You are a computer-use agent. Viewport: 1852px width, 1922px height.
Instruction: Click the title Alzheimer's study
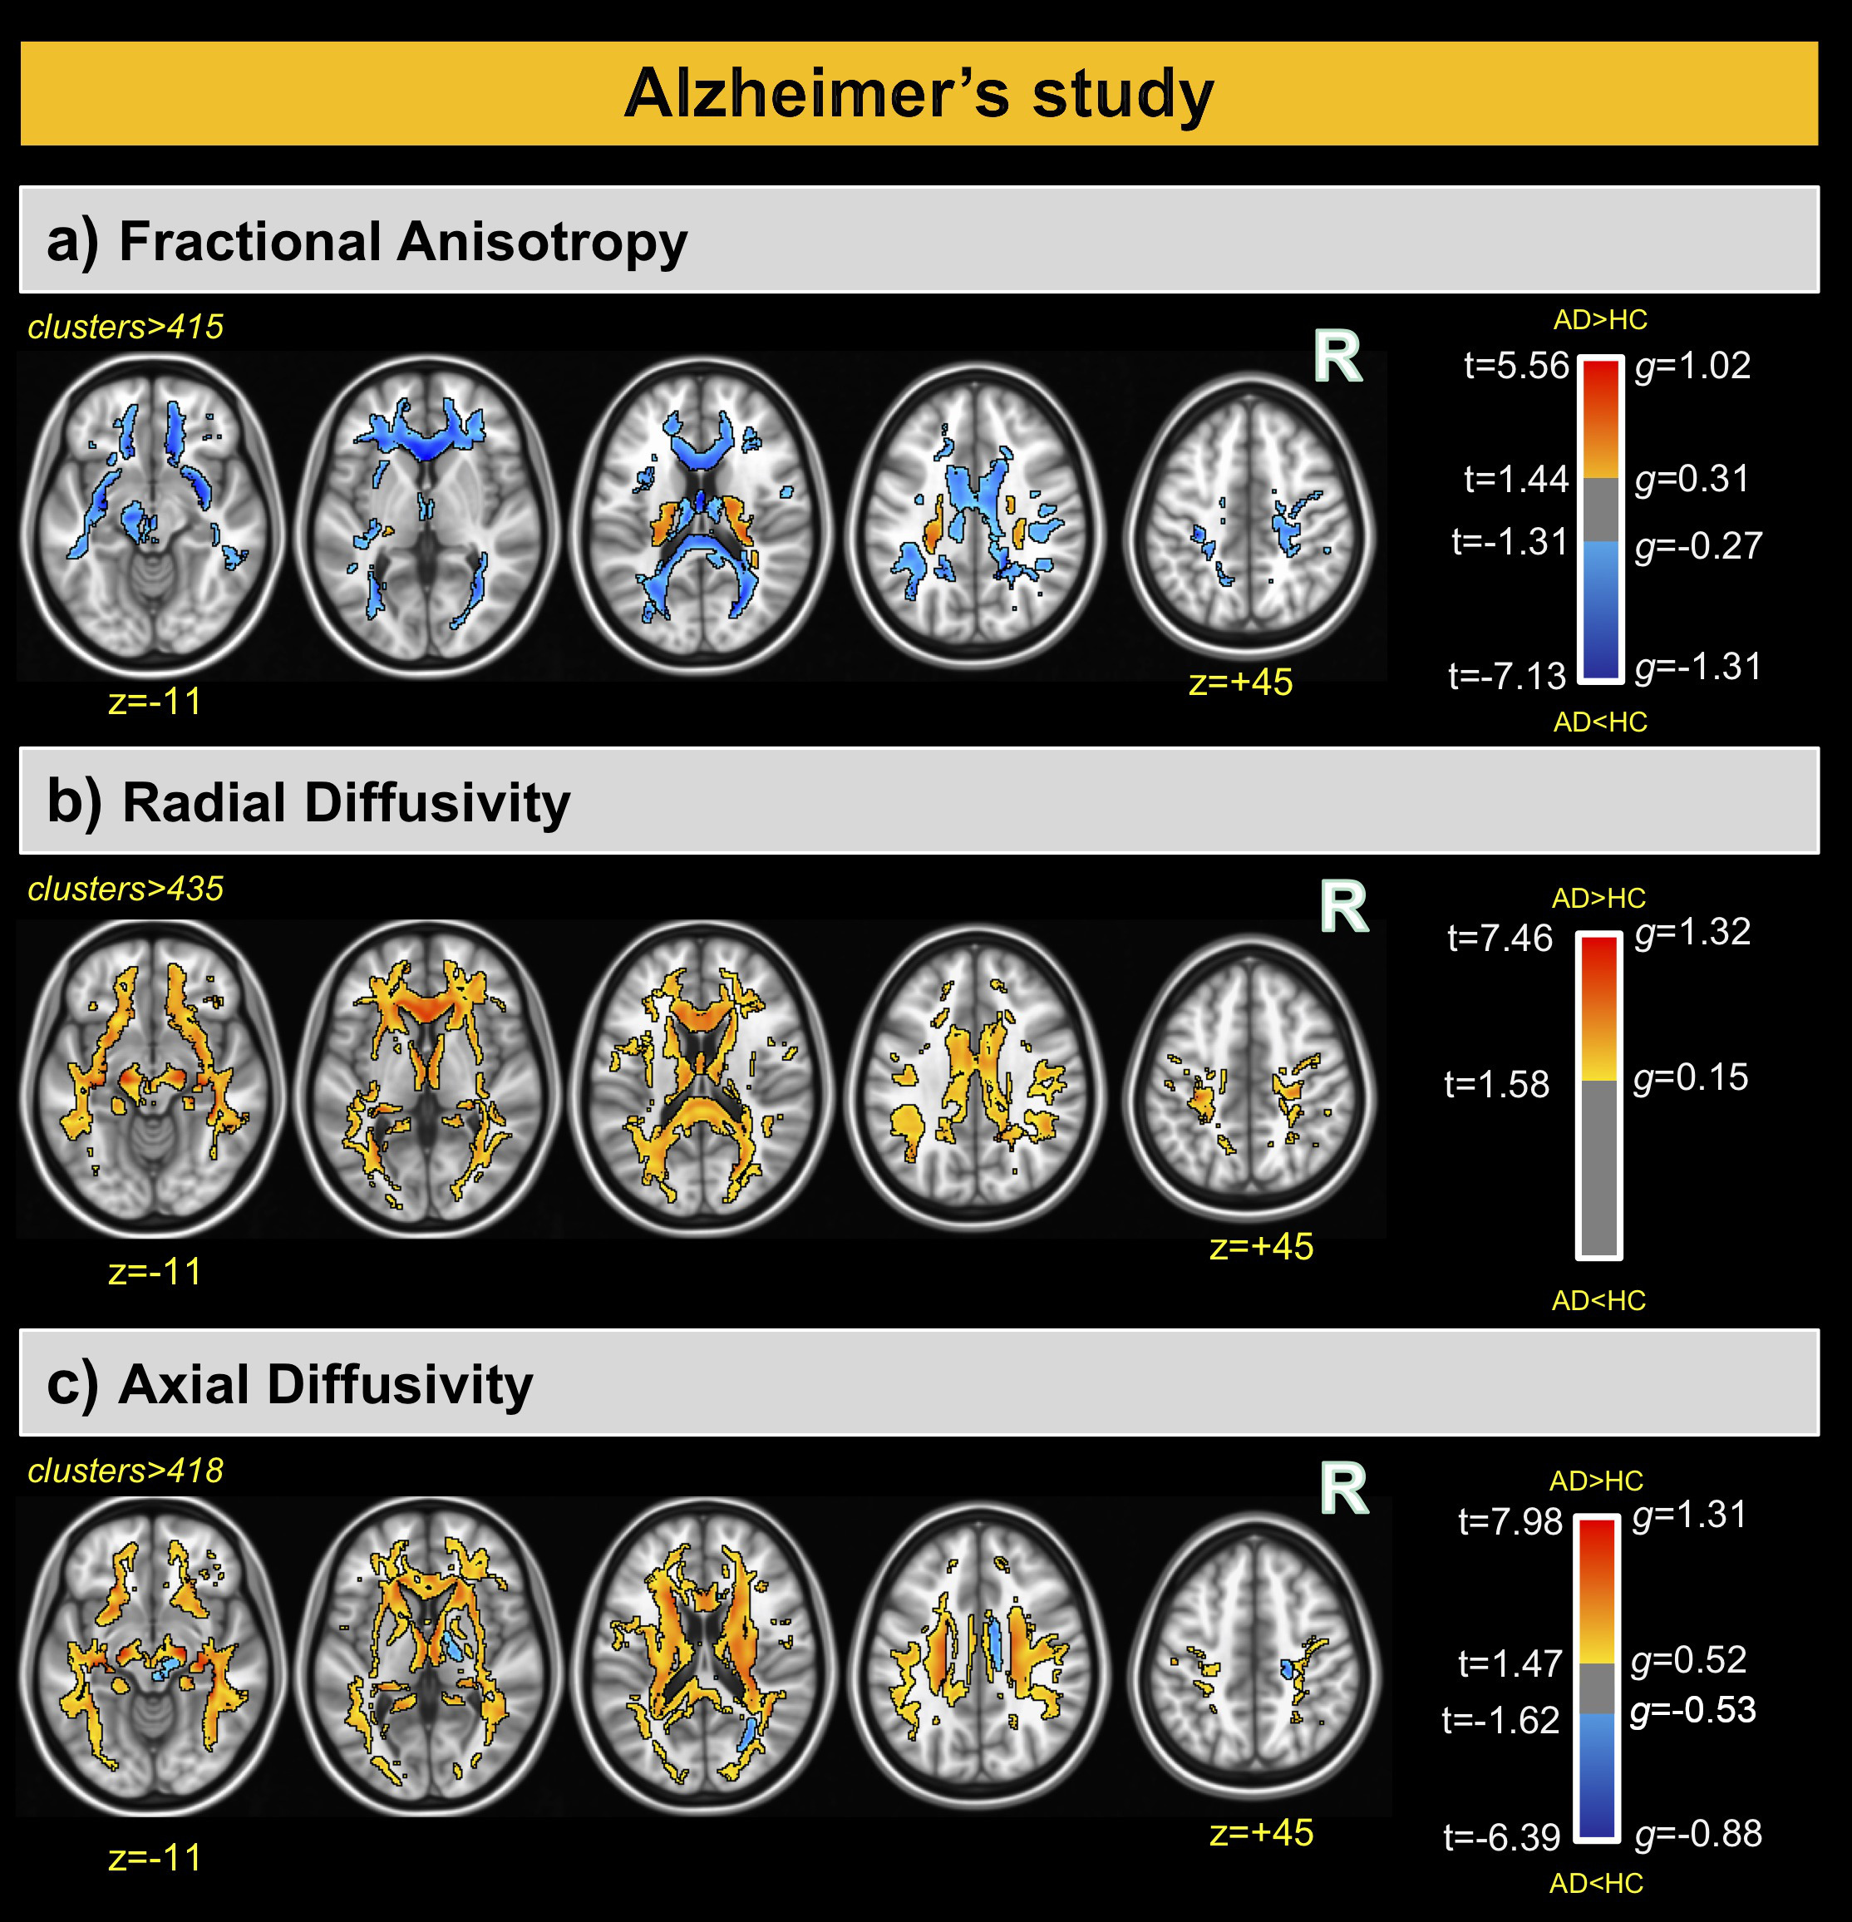coord(919,94)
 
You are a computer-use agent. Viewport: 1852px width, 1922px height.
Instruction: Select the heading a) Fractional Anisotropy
coord(367,241)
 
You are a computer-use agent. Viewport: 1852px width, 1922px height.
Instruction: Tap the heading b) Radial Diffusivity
coord(309,802)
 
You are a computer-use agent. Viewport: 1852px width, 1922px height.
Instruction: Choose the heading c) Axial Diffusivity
coord(290,1385)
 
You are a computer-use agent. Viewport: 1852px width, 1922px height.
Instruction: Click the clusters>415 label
coord(126,327)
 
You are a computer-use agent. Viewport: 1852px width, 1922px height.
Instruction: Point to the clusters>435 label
coord(126,889)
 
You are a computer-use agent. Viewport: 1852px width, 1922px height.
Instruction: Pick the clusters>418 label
coord(126,1470)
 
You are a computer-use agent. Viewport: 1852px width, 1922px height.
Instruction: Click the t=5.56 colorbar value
coord(1515,366)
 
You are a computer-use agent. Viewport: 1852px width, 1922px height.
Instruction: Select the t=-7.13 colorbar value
coord(1507,676)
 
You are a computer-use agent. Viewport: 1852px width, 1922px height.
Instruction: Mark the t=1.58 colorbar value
coord(1497,1085)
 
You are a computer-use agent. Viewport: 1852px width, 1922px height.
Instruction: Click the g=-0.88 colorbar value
coord(1698,1833)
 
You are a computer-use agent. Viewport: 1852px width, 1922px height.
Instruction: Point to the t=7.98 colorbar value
coord(1510,1522)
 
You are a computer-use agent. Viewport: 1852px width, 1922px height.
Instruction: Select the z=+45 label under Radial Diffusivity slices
coord(1261,1246)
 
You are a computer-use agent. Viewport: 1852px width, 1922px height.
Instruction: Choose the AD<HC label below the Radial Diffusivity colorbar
coord(1598,1300)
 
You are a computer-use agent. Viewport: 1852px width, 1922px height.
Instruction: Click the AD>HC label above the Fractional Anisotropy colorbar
coord(1600,320)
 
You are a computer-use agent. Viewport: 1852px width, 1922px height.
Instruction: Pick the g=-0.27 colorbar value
coord(1698,545)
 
